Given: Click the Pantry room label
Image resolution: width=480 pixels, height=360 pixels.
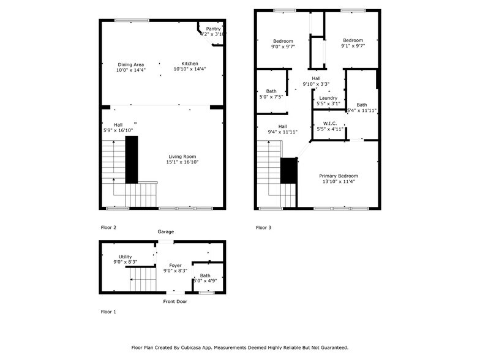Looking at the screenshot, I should coord(213,29).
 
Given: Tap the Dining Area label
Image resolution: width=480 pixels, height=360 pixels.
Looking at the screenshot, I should coord(130,64).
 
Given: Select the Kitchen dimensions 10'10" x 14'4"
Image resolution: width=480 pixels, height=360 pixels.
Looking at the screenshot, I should coord(190,70).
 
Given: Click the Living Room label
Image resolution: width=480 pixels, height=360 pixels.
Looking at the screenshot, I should coord(183,157).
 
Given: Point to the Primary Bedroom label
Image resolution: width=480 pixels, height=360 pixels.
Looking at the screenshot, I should coord(338,176).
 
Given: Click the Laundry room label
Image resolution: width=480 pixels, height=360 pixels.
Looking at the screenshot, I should coord(328,98).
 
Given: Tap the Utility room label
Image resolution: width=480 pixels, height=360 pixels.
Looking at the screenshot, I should coord(125,257).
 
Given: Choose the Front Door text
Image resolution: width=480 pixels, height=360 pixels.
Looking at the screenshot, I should coord(175,301).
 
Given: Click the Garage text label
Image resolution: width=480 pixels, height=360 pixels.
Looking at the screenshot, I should coord(166,232).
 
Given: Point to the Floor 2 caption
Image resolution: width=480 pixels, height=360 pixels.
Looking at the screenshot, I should coord(108,227).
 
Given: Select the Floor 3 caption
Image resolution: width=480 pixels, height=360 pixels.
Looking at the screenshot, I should coord(263,227).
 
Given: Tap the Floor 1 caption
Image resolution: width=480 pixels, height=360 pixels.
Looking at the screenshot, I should coord(108,312).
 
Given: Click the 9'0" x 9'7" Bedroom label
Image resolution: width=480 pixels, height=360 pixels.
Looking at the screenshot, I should coord(283,41).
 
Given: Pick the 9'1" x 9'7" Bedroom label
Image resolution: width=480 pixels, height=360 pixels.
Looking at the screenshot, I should coord(353,40).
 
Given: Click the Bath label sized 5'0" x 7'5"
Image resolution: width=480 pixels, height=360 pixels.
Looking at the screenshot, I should coord(271,91).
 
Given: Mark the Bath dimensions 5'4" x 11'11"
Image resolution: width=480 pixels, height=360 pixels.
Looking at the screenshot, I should coord(361,111).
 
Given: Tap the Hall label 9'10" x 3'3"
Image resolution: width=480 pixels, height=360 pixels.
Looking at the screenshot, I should coord(316,78).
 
